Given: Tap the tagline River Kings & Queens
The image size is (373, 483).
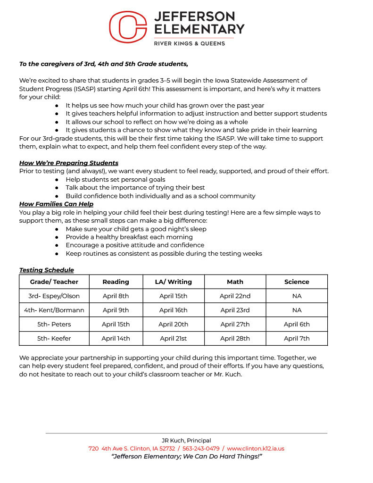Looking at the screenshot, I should [x=190, y=43].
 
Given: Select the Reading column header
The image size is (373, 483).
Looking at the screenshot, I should [x=116, y=282].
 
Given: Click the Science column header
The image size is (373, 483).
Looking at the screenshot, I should [x=297, y=282].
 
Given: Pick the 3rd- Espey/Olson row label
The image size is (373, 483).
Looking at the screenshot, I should [x=54, y=296].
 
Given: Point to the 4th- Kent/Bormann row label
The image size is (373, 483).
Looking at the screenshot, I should [x=54, y=310].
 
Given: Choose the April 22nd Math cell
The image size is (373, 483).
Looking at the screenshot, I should [x=235, y=296].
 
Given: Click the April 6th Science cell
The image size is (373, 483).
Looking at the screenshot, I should [x=297, y=325].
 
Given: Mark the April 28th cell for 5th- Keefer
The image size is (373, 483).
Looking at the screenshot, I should [x=235, y=339].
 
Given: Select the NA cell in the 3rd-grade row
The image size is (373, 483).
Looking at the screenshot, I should [x=297, y=296].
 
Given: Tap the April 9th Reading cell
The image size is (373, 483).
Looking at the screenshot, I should [x=116, y=310].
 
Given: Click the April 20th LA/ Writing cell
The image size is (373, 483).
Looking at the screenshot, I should [x=173, y=325].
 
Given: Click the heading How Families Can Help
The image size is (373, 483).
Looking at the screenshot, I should [x=56, y=204].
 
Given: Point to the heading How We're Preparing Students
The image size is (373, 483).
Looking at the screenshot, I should [x=69, y=163].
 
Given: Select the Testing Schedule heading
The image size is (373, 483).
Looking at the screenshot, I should [x=47, y=270].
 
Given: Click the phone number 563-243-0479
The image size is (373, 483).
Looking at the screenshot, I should [x=200, y=449].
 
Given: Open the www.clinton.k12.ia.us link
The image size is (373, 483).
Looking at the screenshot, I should [x=256, y=449].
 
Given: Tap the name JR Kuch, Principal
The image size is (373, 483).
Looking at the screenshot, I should [x=186, y=441].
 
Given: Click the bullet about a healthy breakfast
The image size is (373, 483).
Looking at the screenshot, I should [x=129, y=237].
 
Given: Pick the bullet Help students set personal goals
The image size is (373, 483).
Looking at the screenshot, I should [x=115, y=180].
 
